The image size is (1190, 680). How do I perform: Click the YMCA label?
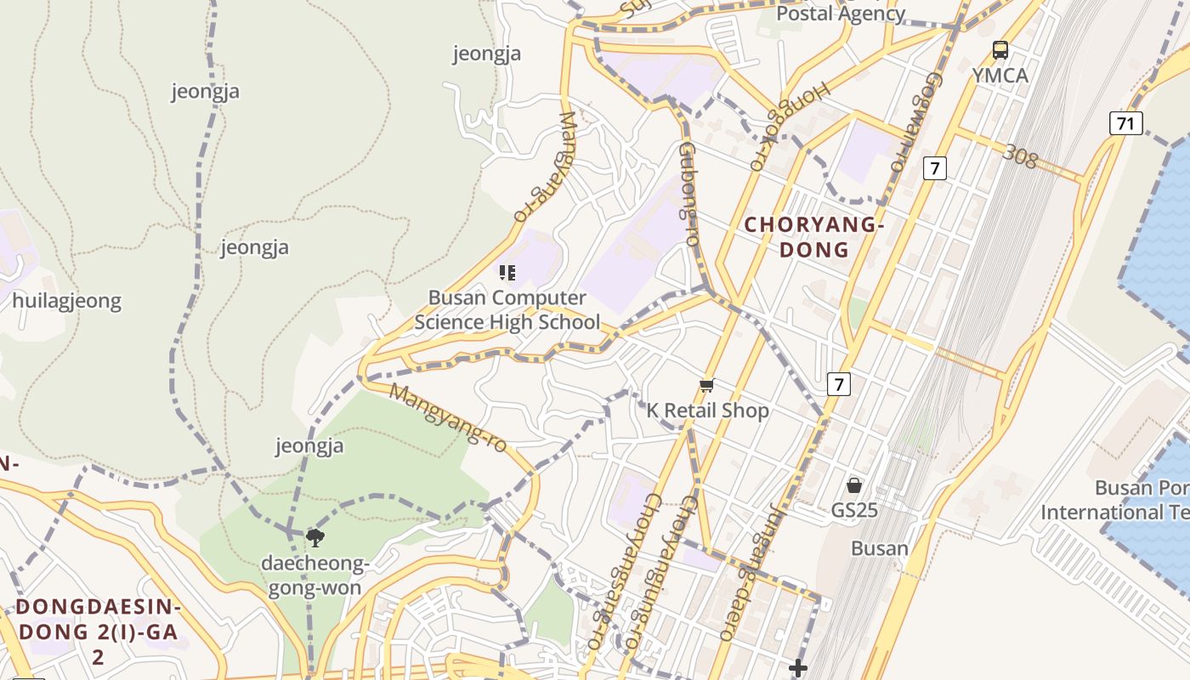[1000, 75]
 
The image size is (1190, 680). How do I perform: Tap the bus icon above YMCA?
[1000, 50]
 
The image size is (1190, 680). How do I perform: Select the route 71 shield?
[1125, 123]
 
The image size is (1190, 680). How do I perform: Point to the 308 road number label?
[1019, 156]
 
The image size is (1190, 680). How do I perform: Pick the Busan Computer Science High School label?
[507, 310]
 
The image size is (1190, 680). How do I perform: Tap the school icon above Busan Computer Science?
[507, 273]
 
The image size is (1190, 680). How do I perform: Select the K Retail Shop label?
[707, 411]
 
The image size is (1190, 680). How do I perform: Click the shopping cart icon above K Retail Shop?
[706, 387]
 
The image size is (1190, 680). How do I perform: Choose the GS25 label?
[854, 511]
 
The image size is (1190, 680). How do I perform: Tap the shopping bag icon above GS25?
[854, 486]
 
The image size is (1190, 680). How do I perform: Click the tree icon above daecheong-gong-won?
[314, 537]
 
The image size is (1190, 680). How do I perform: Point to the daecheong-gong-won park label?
[314, 575]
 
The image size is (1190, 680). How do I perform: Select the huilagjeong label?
[67, 301]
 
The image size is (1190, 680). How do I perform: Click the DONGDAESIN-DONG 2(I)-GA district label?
[99, 632]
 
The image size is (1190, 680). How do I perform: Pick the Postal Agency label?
[841, 13]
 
